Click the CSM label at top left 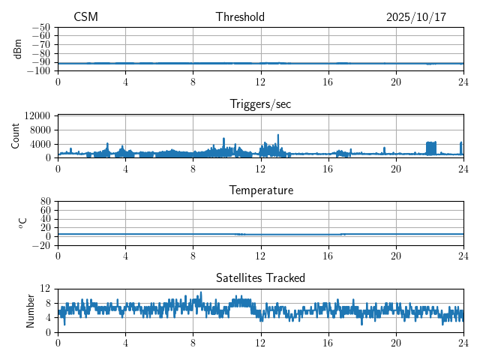tap(85, 17)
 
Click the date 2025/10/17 tap(416, 17)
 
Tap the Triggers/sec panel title tap(260, 104)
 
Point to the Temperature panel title tap(260, 190)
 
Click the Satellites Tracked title tap(260, 277)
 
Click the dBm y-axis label tap(18, 48)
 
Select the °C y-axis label tap(22, 223)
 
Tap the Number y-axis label tap(31, 310)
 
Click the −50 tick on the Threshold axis tap(41, 27)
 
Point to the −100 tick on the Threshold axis tap(39, 70)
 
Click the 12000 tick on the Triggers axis tap(37, 116)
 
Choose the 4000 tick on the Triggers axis tap(40, 143)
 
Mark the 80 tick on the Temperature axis tap(45, 202)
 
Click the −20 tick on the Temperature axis tap(41, 245)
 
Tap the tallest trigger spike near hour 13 tap(278, 136)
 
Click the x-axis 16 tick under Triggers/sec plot tap(328, 169)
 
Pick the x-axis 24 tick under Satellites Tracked tap(463, 343)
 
